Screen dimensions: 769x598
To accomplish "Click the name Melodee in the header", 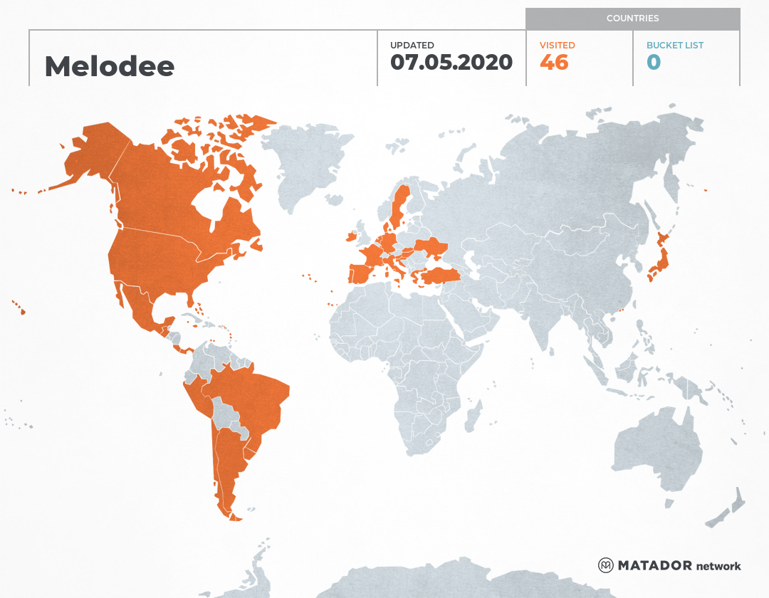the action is (x=109, y=66).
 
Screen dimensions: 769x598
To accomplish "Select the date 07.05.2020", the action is (x=451, y=62).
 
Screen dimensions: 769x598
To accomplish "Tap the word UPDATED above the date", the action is (x=412, y=45).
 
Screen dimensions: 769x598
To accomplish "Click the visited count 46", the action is (x=554, y=62).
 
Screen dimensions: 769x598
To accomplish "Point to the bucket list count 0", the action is (x=654, y=62).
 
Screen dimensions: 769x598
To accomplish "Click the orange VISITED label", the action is (x=557, y=45).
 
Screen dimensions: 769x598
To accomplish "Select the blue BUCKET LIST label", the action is (x=675, y=45).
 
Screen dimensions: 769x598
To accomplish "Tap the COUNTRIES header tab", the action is (x=632, y=19).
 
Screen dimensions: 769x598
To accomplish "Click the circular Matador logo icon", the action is (x=606, y=565).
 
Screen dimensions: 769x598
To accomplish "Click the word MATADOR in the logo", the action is (x=654, y=566).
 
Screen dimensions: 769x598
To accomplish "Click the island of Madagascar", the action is (x=471, y=416).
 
